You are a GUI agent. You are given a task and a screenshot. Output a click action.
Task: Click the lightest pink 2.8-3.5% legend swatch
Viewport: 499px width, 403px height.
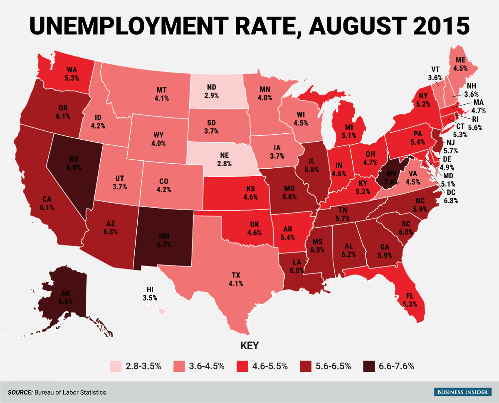[116, 366]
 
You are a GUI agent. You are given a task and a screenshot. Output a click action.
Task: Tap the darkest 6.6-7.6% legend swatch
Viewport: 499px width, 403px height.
[368, 366]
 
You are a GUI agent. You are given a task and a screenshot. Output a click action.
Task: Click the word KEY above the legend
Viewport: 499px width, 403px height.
[249, 345]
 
